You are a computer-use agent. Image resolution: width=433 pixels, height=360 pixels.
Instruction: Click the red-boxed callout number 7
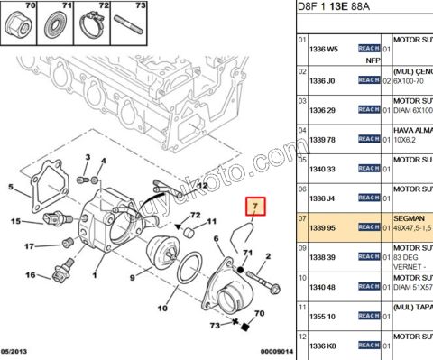tap(256, 208)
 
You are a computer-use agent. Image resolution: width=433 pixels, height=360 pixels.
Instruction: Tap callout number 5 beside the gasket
tap(11, 188)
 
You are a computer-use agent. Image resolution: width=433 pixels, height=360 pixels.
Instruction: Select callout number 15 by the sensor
tap(15, 221)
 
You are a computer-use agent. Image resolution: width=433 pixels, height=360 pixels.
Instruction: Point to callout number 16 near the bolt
tap(30, 275)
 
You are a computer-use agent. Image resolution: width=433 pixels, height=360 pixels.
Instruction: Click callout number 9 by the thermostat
tap(133, 277)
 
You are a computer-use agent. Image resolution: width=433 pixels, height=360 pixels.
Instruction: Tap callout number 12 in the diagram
tap(202, 185)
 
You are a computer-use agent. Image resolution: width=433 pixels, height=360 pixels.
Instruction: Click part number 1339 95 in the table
tap(324, 227)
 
